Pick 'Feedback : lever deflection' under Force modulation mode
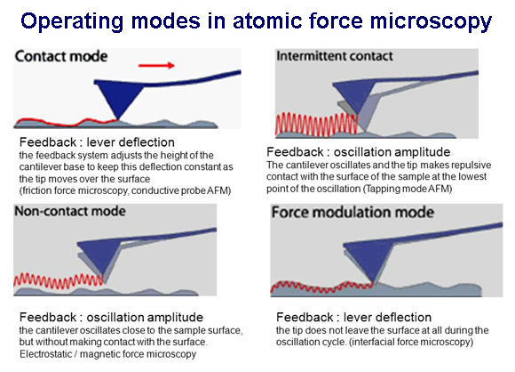(x=353, y=318)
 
